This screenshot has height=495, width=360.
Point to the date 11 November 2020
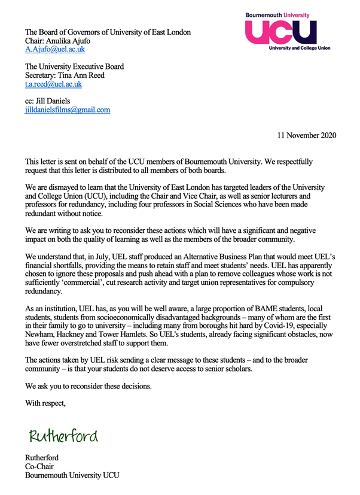coord(306,135)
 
